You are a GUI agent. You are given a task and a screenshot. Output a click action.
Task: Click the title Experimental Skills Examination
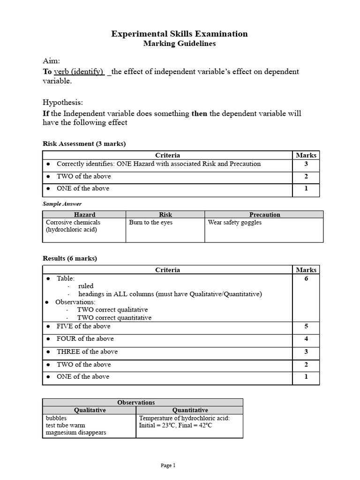pos(180,34)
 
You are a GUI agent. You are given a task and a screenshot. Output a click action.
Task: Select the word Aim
pos(51,61)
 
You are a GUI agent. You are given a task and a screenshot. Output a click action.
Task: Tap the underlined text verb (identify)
pos(79,72)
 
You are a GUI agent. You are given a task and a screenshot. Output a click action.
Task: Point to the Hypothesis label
pos(62,102)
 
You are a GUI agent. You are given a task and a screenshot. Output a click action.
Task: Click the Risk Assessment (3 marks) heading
pos(84,144)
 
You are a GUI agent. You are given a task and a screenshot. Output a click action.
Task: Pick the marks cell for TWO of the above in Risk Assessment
pos(306,177)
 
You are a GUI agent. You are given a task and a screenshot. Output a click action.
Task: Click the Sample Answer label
pos(62,204)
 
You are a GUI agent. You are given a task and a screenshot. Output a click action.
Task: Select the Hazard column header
pos(85,215)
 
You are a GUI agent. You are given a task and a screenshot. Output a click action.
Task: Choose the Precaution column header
pos(264,215)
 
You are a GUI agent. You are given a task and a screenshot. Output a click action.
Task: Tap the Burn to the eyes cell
pos(150,223)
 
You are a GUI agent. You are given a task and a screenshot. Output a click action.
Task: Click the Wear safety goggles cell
pos(234,223)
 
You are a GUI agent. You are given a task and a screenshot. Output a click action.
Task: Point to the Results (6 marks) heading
pos(70,258)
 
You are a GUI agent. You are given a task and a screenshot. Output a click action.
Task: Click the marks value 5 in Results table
pos(306,327)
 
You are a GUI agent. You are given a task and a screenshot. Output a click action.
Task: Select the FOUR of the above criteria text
pos(85,339)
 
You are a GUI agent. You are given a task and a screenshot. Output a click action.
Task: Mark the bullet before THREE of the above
pos(48,352)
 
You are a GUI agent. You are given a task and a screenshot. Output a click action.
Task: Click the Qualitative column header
pos(89,410)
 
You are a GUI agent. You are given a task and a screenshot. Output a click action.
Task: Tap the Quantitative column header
pos(189,410)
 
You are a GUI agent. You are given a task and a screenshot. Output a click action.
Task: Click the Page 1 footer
pos(168,465)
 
